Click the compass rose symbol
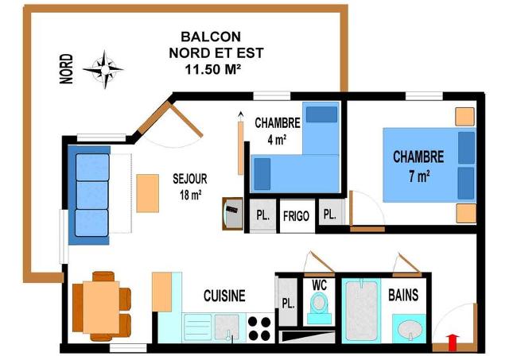tap(104, 69)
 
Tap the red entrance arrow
tap(453, 343)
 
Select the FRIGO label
tap(296, 216)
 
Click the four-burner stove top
tap(259, 328)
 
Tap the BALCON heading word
tap(211, 37)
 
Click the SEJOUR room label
tap(190, 179)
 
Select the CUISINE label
tap(224, 296)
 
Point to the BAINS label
tap(403, 295)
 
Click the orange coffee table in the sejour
tap(148, 193)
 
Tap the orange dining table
tap(101, 307)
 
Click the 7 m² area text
tap(419, 176)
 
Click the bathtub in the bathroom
tap(361, 311)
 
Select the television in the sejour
tap(233, 214)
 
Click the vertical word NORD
tap(67, 69)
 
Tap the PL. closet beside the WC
tap(288, 303)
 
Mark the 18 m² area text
tap(190, 195)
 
